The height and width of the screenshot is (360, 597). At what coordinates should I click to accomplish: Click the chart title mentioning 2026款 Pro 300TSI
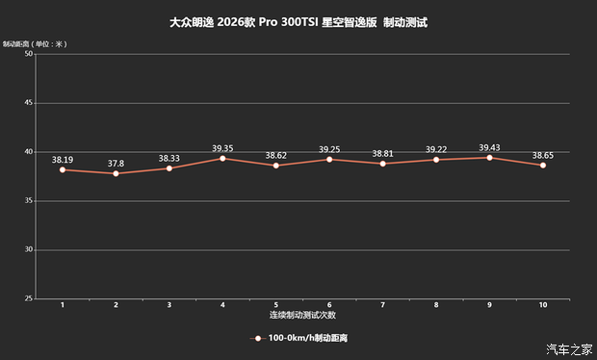click(x=298, y=21)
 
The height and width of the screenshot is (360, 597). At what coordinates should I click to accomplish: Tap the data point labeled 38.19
click(x=63, y=169)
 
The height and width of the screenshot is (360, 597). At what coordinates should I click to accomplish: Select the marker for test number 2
click(x=116, y=173)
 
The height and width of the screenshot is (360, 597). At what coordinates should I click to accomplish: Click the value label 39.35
click(x=222, y=148)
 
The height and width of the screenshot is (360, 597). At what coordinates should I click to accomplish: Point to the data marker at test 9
click(x=489, y=158)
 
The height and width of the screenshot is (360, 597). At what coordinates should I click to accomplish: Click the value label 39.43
click(x=489, y=147)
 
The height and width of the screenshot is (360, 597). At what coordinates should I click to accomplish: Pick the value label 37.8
click(x=116, y=164)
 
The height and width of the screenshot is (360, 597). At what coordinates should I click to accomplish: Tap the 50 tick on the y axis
click(x=28, y=54)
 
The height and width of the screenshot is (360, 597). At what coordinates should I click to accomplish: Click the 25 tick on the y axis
click(x=28, y=298)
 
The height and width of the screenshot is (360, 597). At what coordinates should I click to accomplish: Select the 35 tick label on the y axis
click(x=28, y=200)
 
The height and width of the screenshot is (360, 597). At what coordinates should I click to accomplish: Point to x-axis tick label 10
click(x=543, y=305)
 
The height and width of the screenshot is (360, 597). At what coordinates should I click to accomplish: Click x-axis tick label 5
click(x=275, y=305)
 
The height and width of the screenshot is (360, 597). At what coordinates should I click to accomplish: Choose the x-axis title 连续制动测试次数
click(x=302, y=315)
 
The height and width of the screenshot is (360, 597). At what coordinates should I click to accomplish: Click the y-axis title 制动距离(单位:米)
click(x=34, y=43)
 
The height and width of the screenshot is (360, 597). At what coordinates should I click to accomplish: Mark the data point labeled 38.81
click(x=382, y=164)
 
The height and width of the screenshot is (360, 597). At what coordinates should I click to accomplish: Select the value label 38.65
click(x=543, y=155)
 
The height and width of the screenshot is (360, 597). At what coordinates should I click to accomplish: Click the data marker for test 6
click(x=329, y=159)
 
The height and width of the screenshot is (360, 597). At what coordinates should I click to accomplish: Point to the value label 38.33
click(x=169, y=159)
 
